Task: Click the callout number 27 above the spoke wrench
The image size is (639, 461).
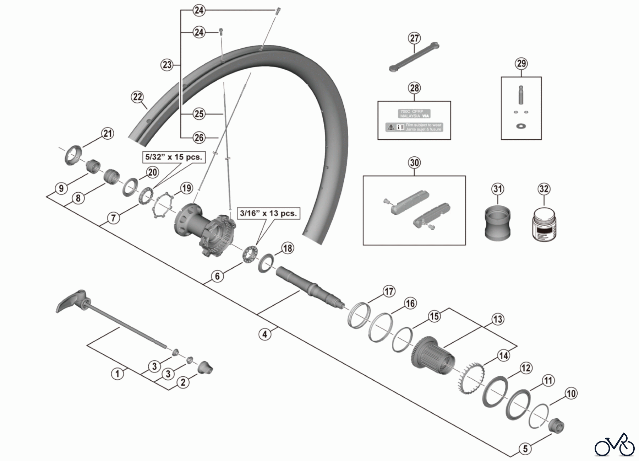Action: coord(414,38)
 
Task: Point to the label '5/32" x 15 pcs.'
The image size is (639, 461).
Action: coord(174,157)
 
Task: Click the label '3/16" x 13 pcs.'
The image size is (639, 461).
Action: coord(268,213)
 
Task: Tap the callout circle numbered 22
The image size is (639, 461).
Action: coord(137,97)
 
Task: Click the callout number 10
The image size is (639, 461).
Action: coord(571,393)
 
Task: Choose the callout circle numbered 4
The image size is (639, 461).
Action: coord(264,334)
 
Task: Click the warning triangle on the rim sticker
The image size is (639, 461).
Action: coord(391,127)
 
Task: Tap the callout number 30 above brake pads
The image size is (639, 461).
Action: coord(414,162)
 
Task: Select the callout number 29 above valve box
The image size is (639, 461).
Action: coord(521,64)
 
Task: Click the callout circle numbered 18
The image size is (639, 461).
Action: coord(288,248)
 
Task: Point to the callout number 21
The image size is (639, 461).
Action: coord(108,134)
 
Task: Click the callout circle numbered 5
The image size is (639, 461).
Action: coord(525,449)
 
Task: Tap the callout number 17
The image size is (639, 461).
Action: coord(389,291)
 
